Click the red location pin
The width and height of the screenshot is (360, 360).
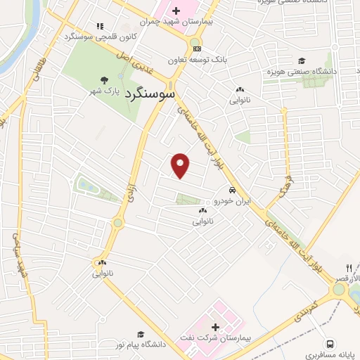tap(181, 165)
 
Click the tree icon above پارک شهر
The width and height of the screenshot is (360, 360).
tap(103, 80)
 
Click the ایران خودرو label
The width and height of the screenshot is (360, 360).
tap(232, 202)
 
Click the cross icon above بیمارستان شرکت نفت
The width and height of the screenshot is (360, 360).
tap(215, 326)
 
